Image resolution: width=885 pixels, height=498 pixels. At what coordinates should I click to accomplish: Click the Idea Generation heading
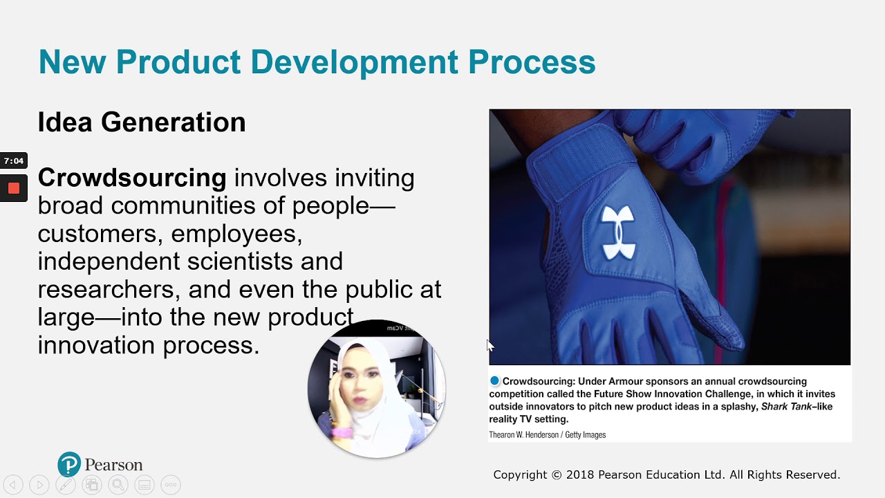[x=142, y=122]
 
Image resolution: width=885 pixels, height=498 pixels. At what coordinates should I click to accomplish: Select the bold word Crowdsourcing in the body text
[x=132, y=178]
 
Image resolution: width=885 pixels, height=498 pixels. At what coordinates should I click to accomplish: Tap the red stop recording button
[x=13, y=188]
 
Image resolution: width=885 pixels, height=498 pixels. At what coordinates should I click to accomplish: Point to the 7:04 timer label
[x=13, y=161]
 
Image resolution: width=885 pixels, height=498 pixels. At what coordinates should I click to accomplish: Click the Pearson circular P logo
[x=69, y=464]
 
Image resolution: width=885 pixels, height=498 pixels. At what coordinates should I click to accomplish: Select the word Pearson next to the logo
[x=113, y=465]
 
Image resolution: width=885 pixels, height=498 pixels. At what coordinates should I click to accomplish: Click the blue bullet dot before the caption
[x=494, y=381]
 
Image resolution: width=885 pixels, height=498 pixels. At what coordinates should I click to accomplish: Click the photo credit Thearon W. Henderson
[x=523, y=435]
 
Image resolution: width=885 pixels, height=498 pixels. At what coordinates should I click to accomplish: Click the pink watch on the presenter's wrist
[x=342, y=432]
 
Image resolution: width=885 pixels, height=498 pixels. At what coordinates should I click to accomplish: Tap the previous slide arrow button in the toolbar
[x=13, y=485]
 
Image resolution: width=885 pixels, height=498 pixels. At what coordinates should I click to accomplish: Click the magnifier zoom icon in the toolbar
[x=118, y=485]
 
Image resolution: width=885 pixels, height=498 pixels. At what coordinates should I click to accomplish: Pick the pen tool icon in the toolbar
[x=66, y=485]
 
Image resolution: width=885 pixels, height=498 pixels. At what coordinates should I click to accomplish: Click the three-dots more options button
[x=170, y=485]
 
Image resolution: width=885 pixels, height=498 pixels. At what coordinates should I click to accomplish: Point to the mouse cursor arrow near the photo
[x=490, y=344]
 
